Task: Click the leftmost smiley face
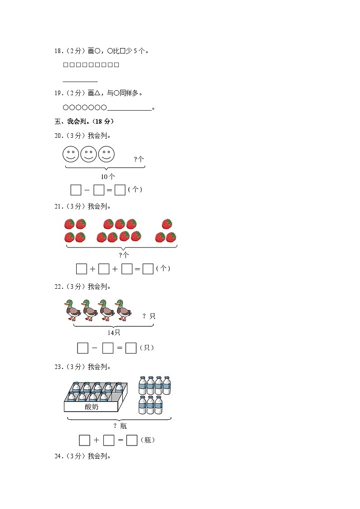(71, 154)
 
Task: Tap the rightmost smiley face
(107, 154)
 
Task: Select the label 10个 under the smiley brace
(108, 177)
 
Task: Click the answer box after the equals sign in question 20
(120, 190)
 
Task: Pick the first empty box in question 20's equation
(76, 190)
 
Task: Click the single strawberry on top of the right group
(167, 224)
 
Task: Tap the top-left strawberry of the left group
(69, 224)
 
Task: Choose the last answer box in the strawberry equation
(148, 269)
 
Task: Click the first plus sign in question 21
(92, 269)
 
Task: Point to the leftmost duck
(73, 310)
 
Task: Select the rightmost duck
(123, 310)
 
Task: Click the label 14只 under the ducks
(114, 333)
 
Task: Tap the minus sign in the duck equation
(94, 348)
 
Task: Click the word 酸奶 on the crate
(91, 407)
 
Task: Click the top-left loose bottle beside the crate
(142, 385)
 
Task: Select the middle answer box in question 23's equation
(109, 440)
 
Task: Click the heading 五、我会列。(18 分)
(84, 121)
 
